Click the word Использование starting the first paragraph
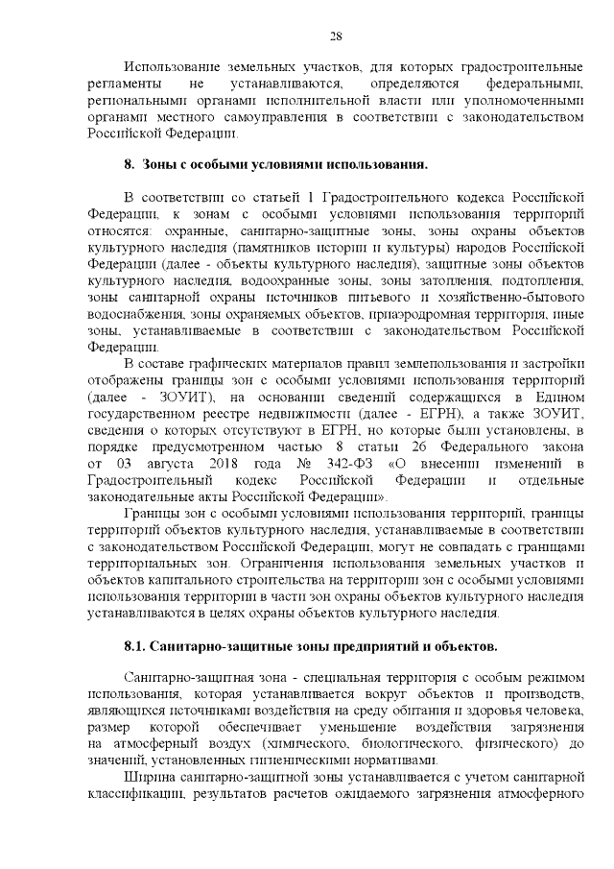tap(174, 67)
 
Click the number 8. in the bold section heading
tap(130, 165)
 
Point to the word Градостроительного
tap(358, 198)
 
